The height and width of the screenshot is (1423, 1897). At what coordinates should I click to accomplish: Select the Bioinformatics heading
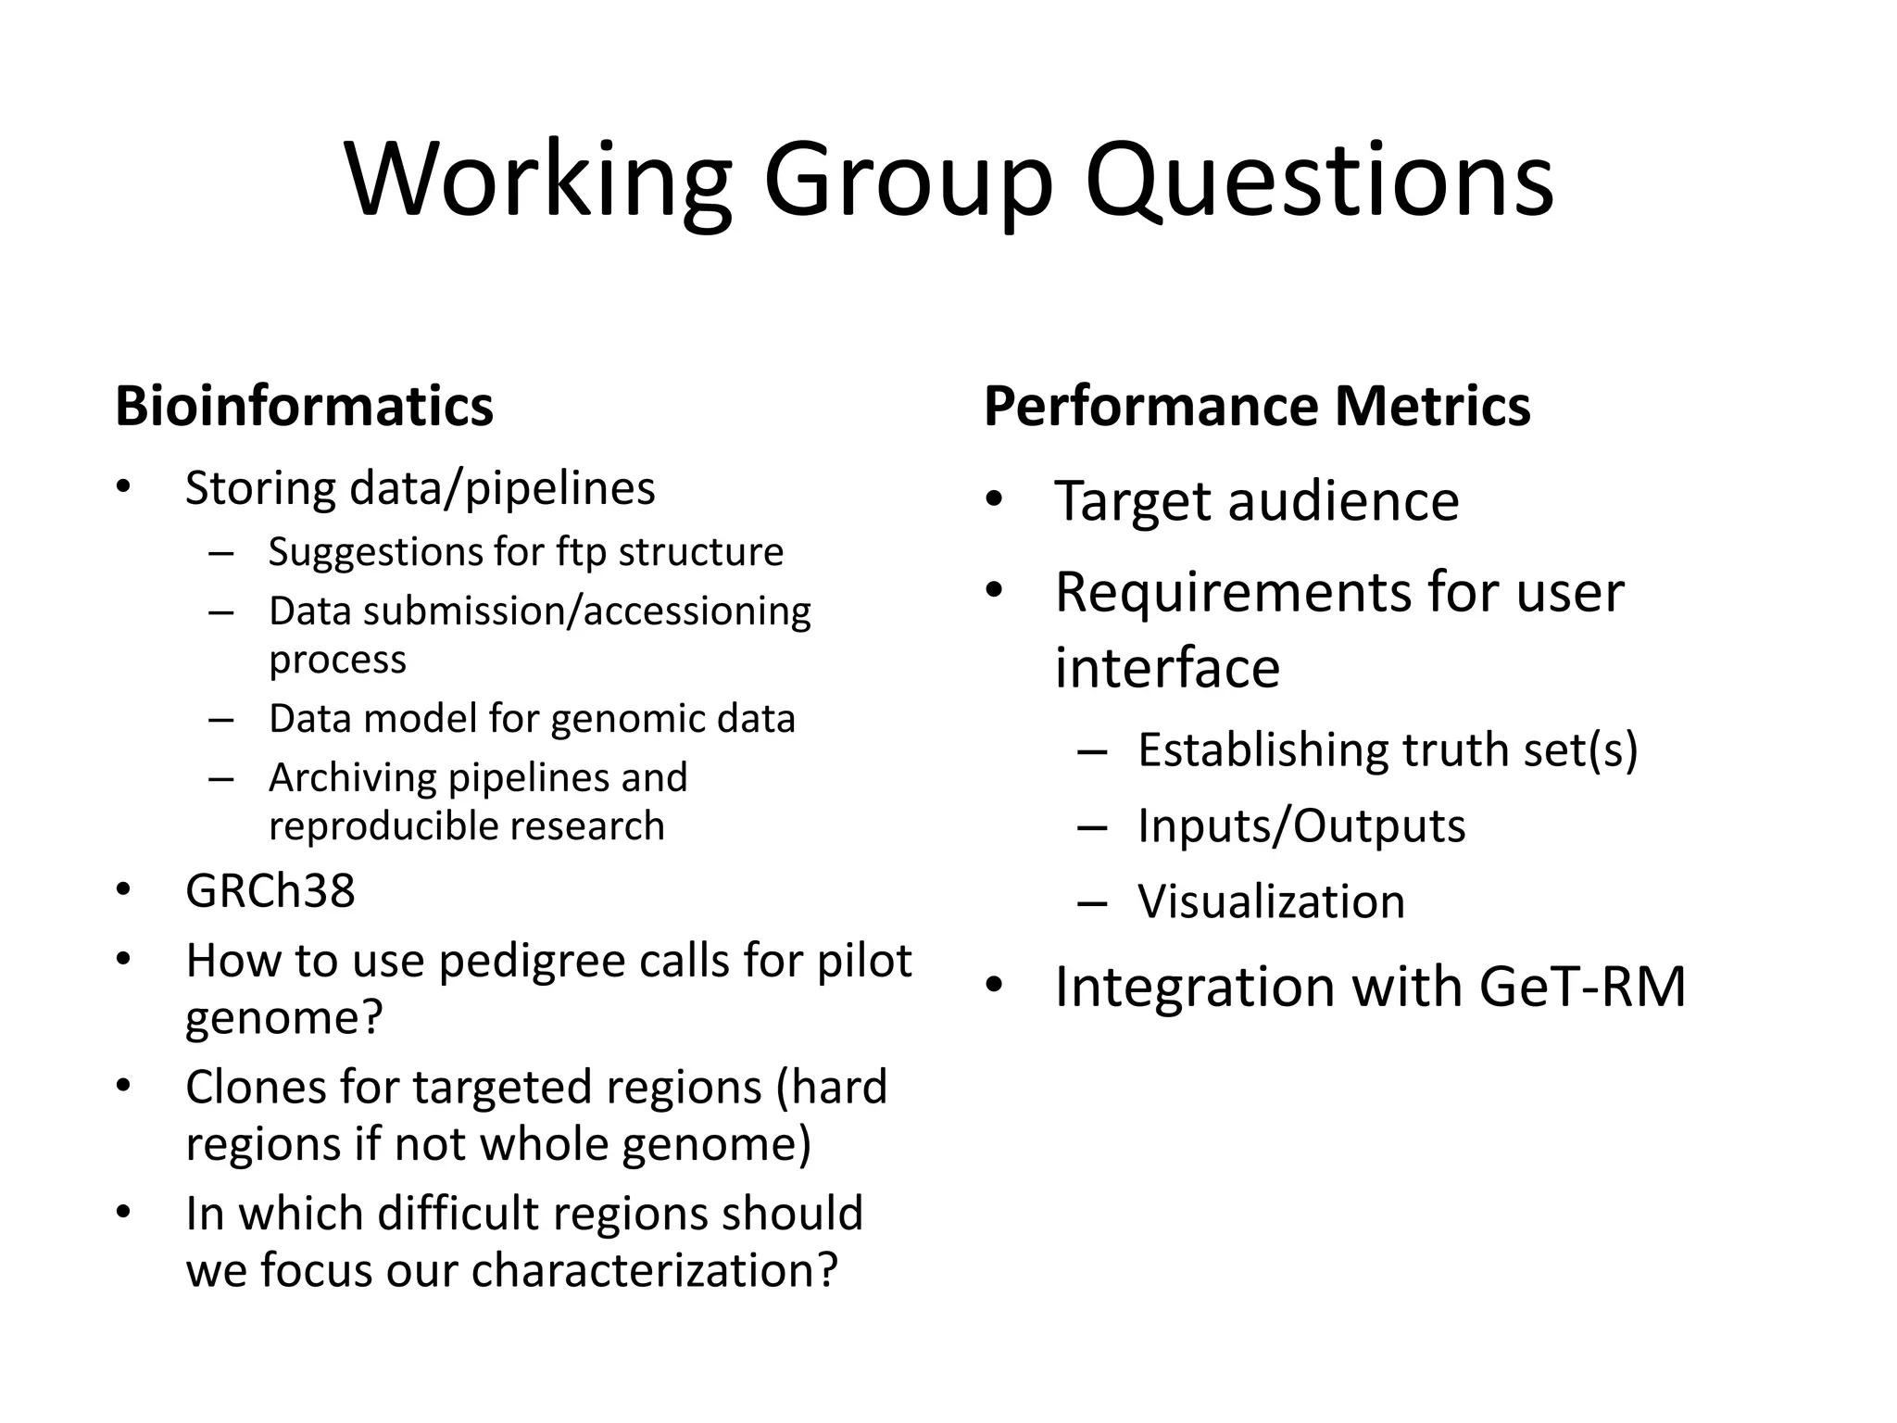[x=304, y=406]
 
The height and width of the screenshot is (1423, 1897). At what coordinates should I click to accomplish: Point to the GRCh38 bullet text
[x=270, y=891]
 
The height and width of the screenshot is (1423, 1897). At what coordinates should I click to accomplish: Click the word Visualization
[x=1271, y=901]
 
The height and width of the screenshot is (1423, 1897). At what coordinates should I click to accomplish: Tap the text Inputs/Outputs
[x=1300, y=825]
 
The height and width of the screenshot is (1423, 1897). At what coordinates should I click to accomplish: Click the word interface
[x=1167, y=668]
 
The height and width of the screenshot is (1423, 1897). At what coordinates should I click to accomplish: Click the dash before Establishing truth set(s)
[x=1092, y=750]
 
